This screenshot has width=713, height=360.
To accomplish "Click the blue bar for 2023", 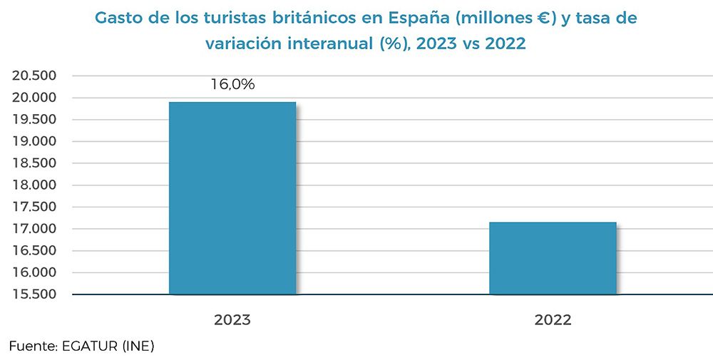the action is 232,198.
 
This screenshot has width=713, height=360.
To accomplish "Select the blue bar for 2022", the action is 553,258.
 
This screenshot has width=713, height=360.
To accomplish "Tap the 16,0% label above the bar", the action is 232,85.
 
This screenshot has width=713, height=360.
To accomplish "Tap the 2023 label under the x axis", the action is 232,320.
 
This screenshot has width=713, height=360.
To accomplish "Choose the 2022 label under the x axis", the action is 553,320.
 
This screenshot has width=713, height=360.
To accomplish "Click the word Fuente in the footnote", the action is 33,347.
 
